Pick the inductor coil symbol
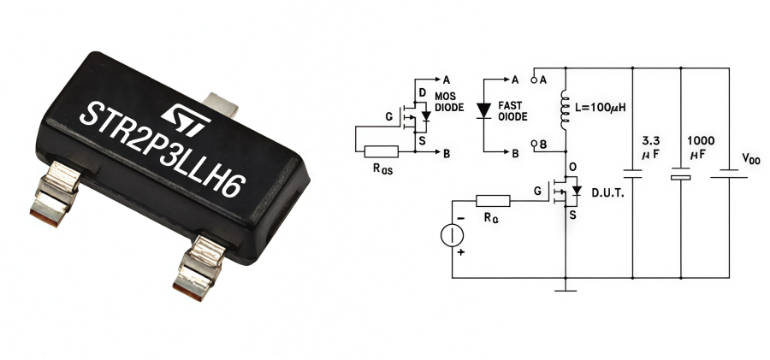point(565,109)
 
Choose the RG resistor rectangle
point(493,201)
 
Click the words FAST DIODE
point(514,110)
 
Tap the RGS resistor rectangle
point(381,151)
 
